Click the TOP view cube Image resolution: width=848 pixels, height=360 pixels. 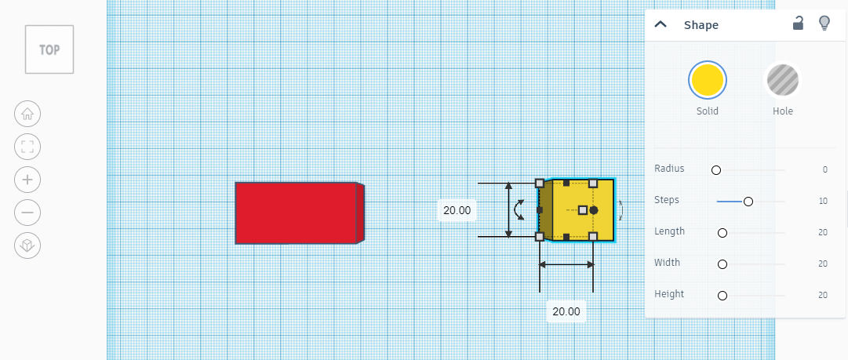pos(49,49)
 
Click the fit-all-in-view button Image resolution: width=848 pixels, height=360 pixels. pos(27,147)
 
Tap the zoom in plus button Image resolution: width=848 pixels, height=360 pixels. pos(27,180)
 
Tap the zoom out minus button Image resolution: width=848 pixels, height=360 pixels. pos(27,213)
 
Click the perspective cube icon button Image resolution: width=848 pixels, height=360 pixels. pos(27,246)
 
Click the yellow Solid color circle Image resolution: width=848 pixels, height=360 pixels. pos(708,80)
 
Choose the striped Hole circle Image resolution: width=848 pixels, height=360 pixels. pos(783,80)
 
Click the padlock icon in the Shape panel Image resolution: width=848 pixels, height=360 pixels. pos(798,24)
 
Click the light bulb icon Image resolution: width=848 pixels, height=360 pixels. pos(824,24)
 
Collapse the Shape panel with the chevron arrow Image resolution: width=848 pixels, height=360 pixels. pos(661,24)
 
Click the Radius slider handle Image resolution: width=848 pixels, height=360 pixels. pos(716,170)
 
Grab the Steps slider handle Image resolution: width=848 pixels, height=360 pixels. pos(748,202)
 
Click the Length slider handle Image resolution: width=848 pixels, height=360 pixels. pos(722,233)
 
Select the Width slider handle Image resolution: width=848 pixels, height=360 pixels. pos(722,264)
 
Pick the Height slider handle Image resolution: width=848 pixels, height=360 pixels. pos(722,296)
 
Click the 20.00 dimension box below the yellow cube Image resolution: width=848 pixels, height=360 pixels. pos(566,311)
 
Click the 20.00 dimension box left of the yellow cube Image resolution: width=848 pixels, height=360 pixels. pos(457,210)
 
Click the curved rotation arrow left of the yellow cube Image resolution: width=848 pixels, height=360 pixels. pos(518,209)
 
